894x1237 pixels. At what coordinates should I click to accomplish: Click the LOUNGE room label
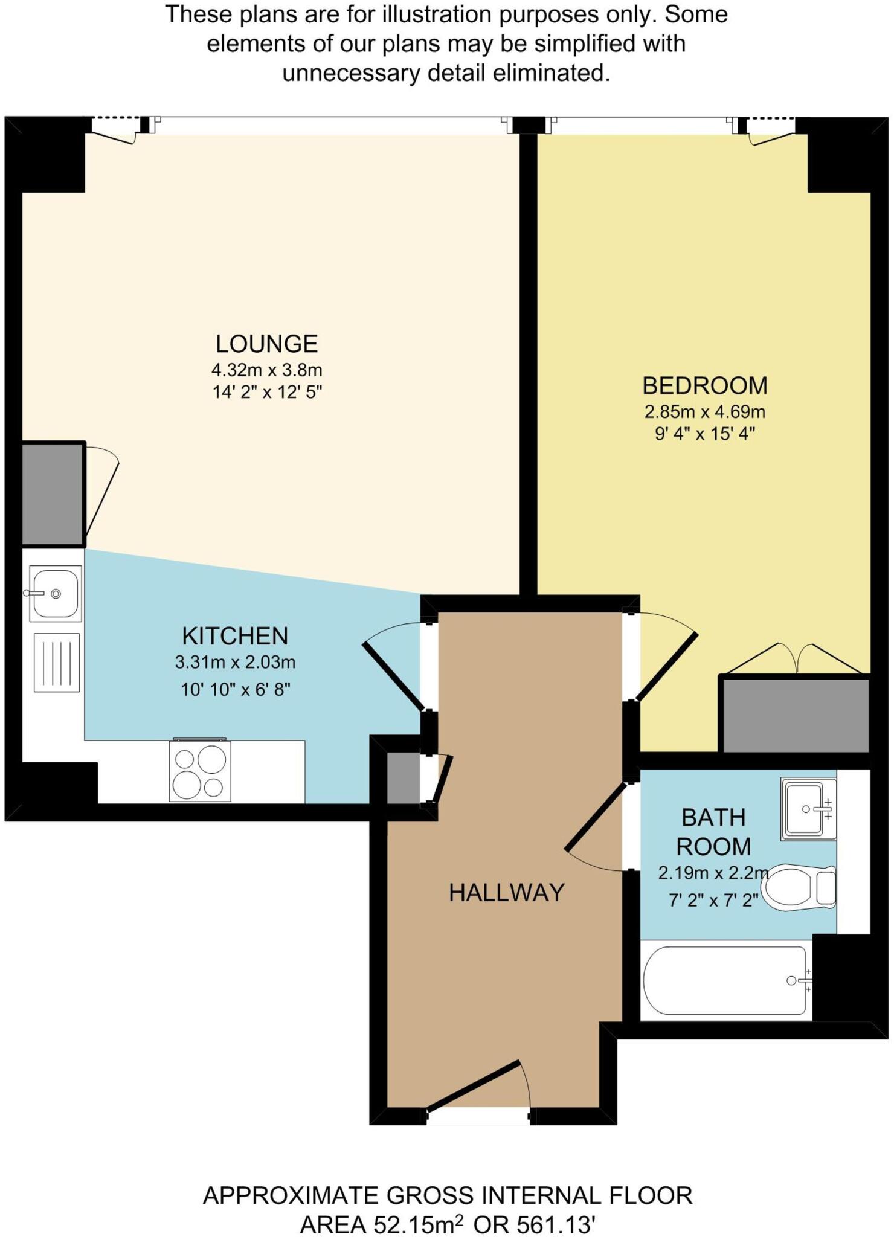click(x=266, y=344)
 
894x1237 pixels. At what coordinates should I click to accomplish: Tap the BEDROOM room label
click(x=705, y=385)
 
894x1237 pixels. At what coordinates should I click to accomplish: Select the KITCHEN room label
click(x=235, y=636)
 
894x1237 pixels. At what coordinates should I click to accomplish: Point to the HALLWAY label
click(x=506, y=893)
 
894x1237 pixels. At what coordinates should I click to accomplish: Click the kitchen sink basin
click(x=56, y=594)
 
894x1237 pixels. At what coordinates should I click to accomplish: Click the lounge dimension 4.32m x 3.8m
click(x=266, y=369)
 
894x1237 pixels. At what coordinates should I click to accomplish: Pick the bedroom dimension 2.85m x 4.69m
click(x=705, y=412)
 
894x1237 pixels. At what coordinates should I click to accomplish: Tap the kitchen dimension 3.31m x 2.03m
click(x=235, y=663)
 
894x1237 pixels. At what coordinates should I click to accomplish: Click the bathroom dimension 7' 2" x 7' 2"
click(x=713, y=901)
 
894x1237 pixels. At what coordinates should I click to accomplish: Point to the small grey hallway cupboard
click(x=404, y=779)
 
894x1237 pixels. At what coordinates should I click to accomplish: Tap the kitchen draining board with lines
click(x=57, y=662)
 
